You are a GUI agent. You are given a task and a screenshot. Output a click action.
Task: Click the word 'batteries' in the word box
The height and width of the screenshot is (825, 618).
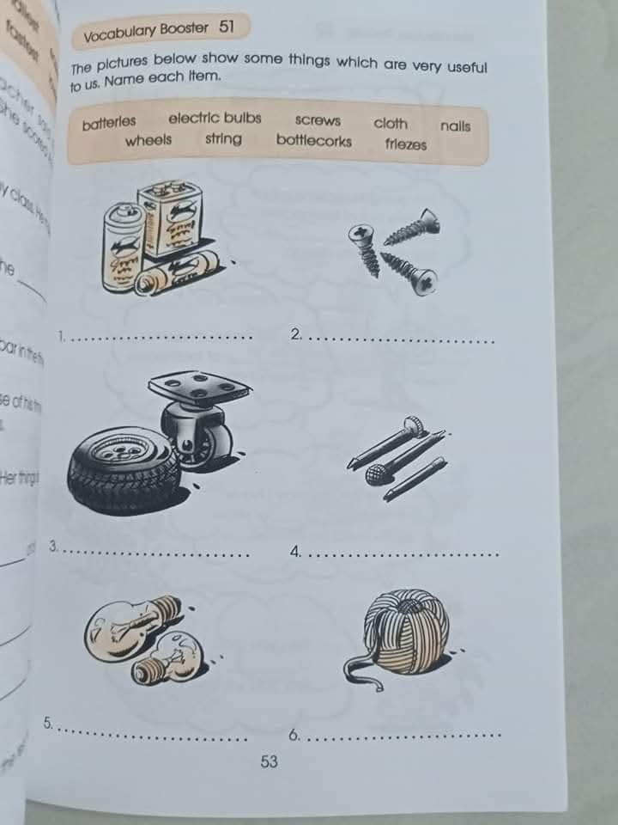pos(109,124)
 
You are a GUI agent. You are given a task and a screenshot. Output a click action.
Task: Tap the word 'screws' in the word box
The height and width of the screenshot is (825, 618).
pos(318,121)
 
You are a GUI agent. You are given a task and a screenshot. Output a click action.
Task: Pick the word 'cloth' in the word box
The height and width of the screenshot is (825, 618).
pos(391,123)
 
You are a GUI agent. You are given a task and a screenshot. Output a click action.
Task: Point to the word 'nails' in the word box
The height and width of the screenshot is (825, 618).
pos(455,126)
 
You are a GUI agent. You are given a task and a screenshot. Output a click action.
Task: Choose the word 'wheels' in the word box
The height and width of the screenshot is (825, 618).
pos(148,140)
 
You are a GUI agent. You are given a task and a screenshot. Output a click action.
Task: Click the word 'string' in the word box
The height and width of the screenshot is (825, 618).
pos(223,138)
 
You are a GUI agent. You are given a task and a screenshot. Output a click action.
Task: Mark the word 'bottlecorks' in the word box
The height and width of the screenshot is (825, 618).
pos(313,140)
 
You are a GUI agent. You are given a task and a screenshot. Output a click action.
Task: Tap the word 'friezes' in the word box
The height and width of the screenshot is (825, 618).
pos(406,144)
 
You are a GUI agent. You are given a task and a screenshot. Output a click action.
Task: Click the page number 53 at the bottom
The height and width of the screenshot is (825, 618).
pos(270,761)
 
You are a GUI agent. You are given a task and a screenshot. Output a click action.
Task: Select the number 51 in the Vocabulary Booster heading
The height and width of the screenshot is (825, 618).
pos(227,27)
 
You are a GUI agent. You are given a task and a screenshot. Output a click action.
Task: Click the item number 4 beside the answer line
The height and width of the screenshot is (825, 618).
pos(296,553)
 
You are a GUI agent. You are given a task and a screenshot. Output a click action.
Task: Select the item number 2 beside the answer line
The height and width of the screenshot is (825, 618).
pos(296,334)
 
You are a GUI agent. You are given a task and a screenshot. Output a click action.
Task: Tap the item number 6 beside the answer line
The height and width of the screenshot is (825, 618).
pos(294,736)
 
